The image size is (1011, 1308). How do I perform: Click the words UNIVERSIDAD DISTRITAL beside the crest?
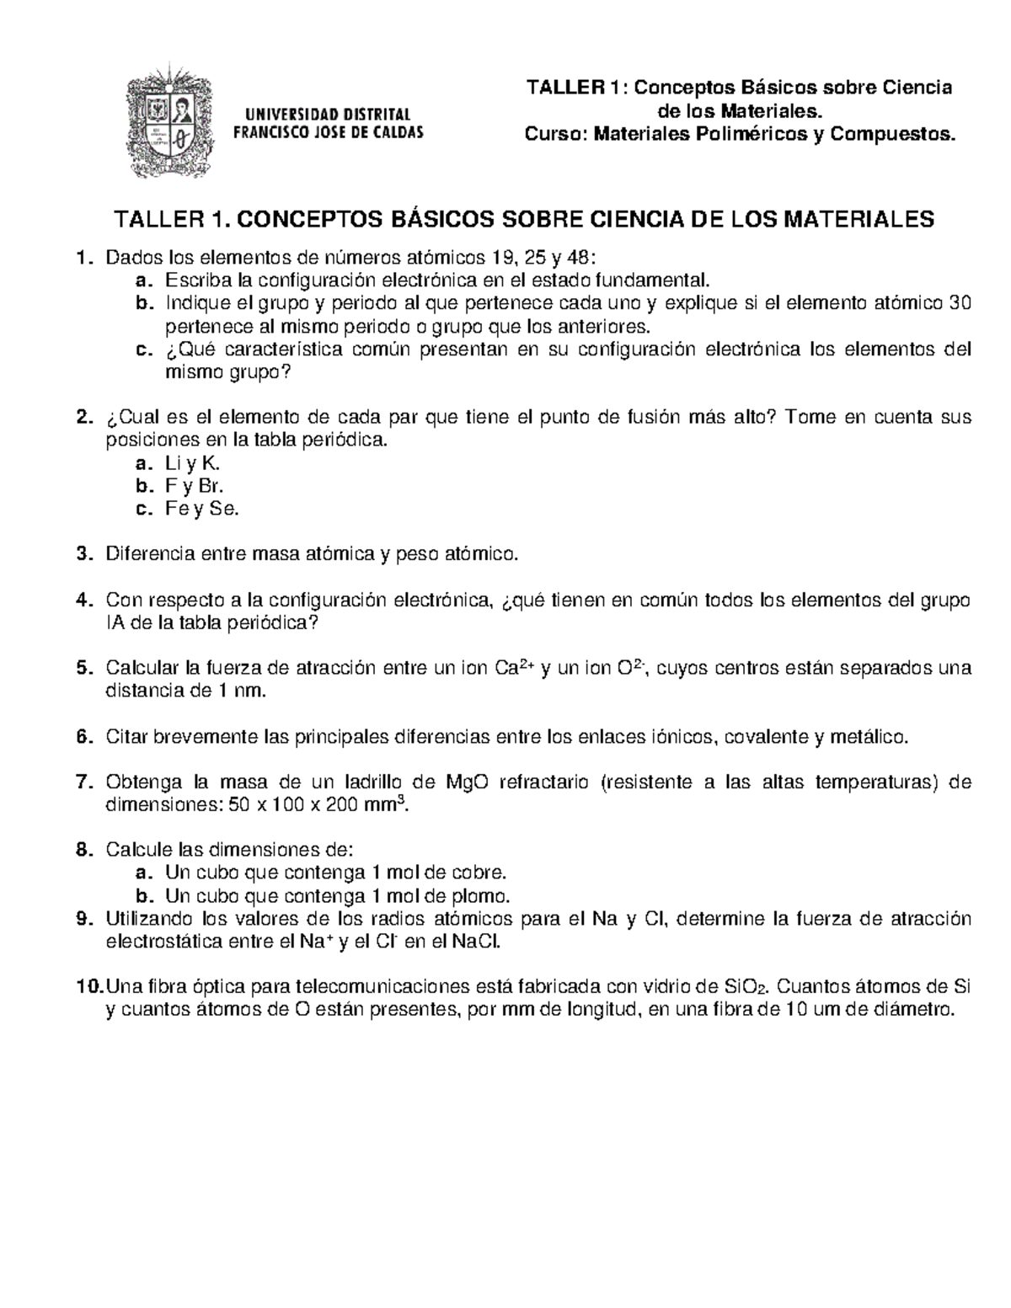coord(322,113)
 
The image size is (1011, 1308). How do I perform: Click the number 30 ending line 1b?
coord(960,302)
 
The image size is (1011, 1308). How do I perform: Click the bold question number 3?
coord(82,554)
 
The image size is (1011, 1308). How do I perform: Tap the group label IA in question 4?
coord(115,622)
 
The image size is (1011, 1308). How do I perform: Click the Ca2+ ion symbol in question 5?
coord(511,669)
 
